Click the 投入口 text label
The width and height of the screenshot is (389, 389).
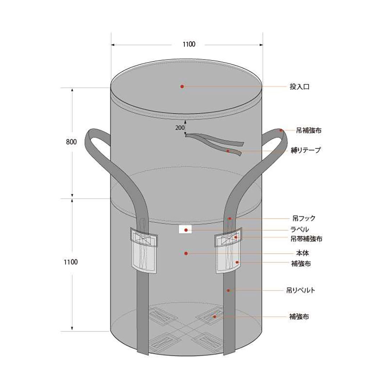300,87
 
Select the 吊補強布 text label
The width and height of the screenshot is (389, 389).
308,131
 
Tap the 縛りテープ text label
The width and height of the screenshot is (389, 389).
305,151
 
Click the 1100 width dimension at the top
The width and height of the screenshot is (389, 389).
189,44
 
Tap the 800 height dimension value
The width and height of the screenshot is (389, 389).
71,142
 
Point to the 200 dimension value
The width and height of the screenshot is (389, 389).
180,128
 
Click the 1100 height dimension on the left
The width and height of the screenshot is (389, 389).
71,262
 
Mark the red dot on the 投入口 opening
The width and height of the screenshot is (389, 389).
182,86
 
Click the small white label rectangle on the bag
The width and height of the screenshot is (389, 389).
185,229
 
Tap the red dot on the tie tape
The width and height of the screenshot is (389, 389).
228,151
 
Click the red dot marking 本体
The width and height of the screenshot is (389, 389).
186,253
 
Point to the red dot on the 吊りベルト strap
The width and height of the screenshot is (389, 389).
228,290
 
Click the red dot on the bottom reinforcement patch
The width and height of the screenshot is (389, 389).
215,317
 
